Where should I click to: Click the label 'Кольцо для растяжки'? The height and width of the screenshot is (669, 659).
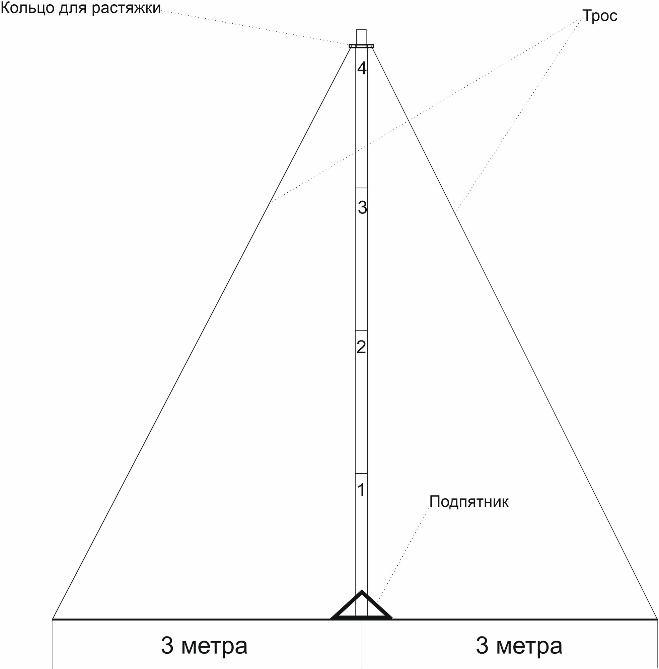tap(80, 8)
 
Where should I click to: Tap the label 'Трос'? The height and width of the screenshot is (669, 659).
tap(600, 16)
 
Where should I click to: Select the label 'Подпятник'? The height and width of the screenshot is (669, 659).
tap(469, 502)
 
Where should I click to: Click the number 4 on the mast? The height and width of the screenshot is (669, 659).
tap(362, 69)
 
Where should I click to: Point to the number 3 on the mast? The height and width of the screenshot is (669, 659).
tap(362, 208)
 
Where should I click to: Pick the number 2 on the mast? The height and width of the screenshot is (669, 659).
tap(361, 347)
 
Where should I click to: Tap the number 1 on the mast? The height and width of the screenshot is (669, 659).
tap(361, 490)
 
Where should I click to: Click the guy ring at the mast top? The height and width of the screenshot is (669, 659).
tap(361, 46)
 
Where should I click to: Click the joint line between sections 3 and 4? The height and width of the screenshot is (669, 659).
tap(361, 188)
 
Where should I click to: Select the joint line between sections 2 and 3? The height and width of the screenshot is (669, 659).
tap(361, 331)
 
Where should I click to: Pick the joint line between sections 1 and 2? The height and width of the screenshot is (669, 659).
tap(361, 473)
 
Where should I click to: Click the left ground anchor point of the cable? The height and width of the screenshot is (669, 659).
tap(53, 618)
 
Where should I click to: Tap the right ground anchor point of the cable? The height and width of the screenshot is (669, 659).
tap(656, 618)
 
